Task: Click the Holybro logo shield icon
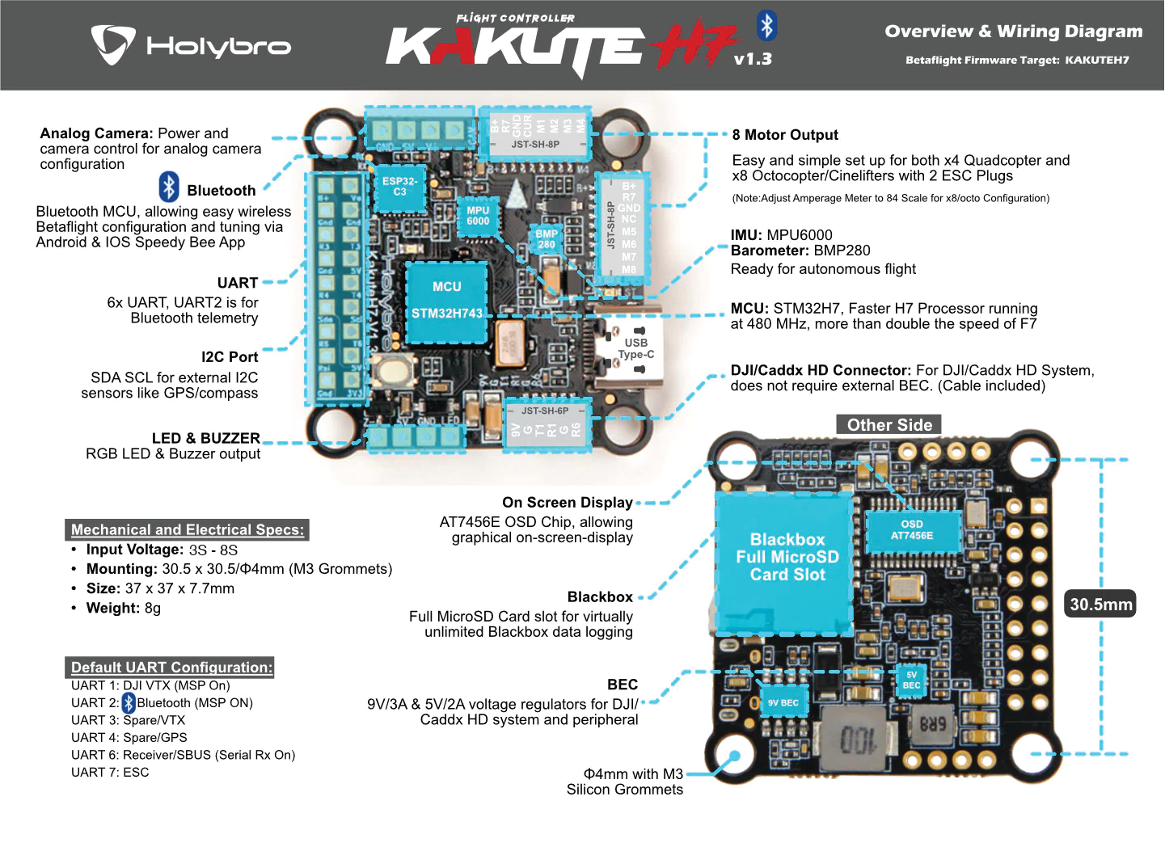112,44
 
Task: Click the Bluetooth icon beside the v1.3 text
766,26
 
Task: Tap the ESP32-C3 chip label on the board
399,187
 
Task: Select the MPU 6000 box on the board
478,216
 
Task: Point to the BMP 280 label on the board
547,239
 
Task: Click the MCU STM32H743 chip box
446,301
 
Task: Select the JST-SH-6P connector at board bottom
544,423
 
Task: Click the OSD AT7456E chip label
912,530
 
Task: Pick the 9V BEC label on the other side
782,702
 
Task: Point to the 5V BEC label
911,681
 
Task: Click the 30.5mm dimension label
1100,604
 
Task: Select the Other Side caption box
889,425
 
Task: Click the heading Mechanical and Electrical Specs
188,530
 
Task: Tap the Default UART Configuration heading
171,668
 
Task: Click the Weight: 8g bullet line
123,608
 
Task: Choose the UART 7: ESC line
110,773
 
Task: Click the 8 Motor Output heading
784,135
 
